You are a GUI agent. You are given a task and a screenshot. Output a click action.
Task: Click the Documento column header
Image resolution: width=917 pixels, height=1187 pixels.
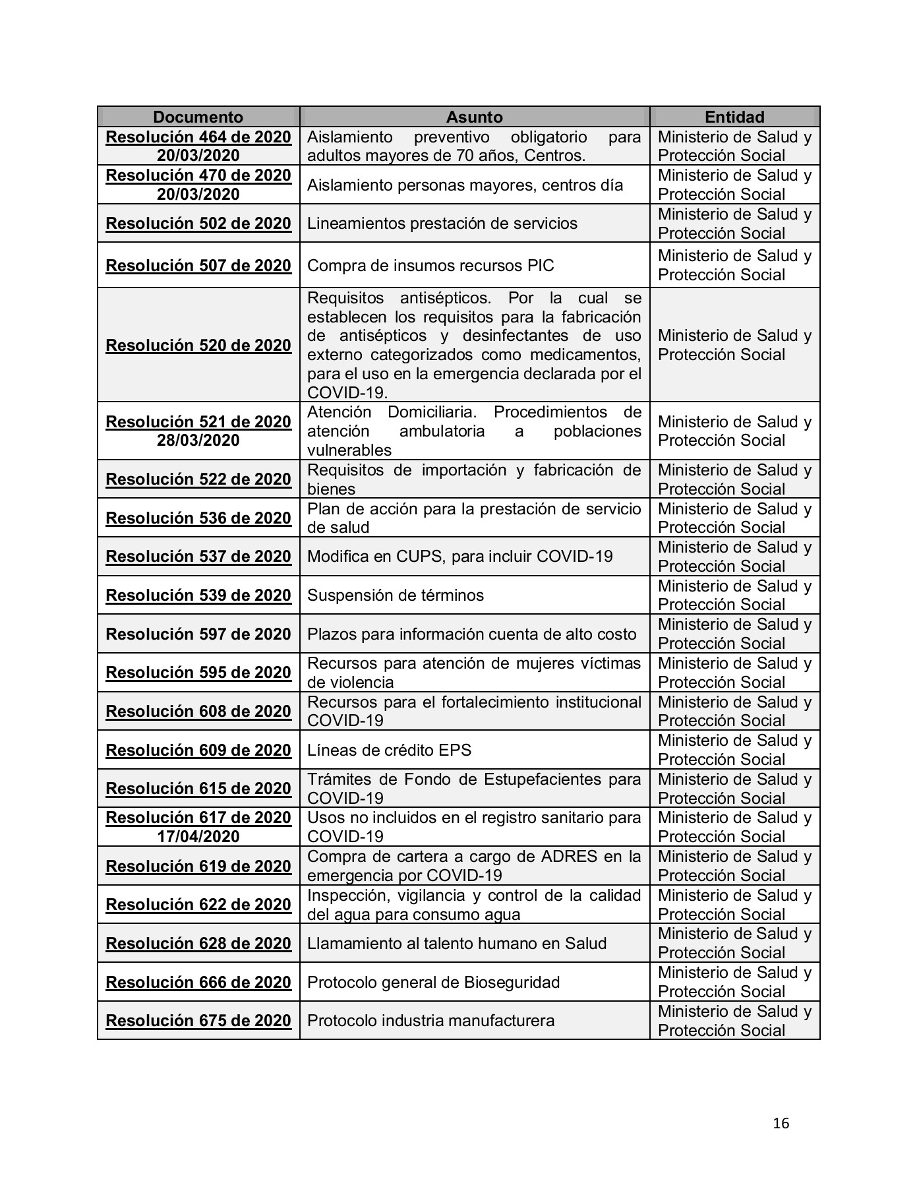[198, 117]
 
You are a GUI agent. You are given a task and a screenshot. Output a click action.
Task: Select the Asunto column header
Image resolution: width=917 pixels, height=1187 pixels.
[474, 117]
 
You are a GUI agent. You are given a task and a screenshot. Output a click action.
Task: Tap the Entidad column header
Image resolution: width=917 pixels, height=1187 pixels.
[734, 117]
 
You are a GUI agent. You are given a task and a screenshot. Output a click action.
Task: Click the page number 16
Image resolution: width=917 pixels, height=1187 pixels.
[781, 1122]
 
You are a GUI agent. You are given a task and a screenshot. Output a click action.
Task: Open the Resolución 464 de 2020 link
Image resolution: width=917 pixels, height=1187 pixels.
[198, 137]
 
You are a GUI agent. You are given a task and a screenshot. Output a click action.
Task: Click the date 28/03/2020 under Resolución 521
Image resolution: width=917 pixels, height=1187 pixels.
[198, 441]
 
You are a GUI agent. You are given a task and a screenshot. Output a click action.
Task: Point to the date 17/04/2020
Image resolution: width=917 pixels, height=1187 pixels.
[198, 836]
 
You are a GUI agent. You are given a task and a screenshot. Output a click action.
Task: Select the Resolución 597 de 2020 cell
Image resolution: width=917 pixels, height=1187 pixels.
[198, 634]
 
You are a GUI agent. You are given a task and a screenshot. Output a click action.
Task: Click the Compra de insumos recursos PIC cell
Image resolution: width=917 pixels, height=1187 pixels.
[430, 265]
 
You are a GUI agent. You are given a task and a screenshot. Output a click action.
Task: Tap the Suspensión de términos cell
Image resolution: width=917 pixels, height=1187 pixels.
[396, 595]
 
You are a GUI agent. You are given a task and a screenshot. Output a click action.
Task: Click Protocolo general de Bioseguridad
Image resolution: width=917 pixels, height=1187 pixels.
[433, 982]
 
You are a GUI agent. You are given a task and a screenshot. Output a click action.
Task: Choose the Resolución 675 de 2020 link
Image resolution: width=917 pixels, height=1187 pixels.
[198, 1020]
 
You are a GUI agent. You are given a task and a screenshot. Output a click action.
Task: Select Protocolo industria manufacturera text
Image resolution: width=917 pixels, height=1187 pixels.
[430, 1020]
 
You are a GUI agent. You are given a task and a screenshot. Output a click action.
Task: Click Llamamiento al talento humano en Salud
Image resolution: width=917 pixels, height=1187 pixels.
[456, 943]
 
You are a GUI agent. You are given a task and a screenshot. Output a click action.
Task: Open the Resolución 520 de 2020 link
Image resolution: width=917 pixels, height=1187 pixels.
[198, 345]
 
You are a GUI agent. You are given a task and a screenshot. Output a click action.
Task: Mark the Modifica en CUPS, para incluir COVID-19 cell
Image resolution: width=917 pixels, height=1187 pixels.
[459, 556]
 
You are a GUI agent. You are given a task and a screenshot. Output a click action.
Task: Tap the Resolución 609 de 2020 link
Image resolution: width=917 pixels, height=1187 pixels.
[198, 750]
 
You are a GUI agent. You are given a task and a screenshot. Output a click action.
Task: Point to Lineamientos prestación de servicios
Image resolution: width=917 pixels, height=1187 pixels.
[442, 223]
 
